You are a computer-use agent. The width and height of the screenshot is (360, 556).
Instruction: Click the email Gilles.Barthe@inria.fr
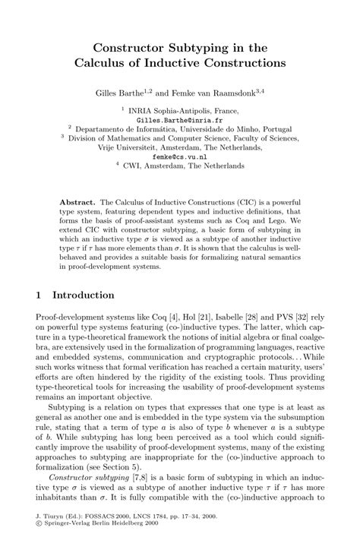[x=179, y=120]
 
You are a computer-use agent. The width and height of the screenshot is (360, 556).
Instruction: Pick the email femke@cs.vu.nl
[x=179, y=156]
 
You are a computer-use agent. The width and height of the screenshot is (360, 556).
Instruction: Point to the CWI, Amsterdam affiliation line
[x=183, y=166]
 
